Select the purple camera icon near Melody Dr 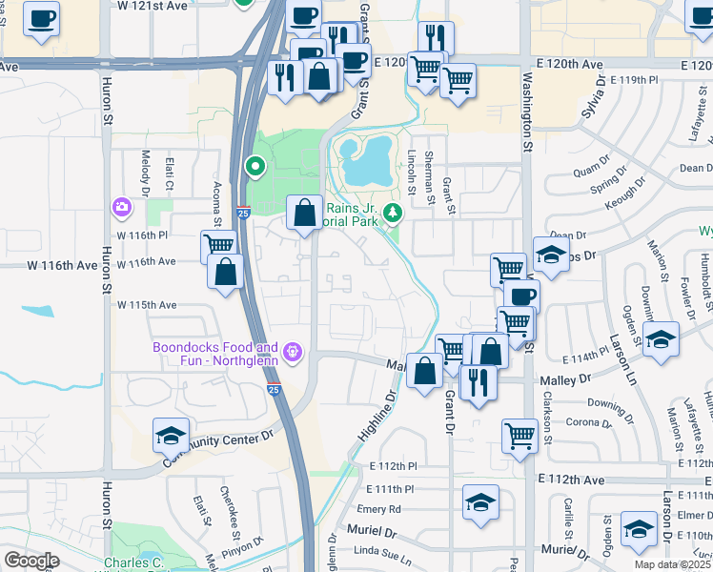(x=121, y=206)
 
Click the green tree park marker (x=390, y=212)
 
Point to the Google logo (x=31, y=561)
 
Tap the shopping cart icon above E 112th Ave (x=519, y=435)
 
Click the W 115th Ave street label (x=147, y=305)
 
